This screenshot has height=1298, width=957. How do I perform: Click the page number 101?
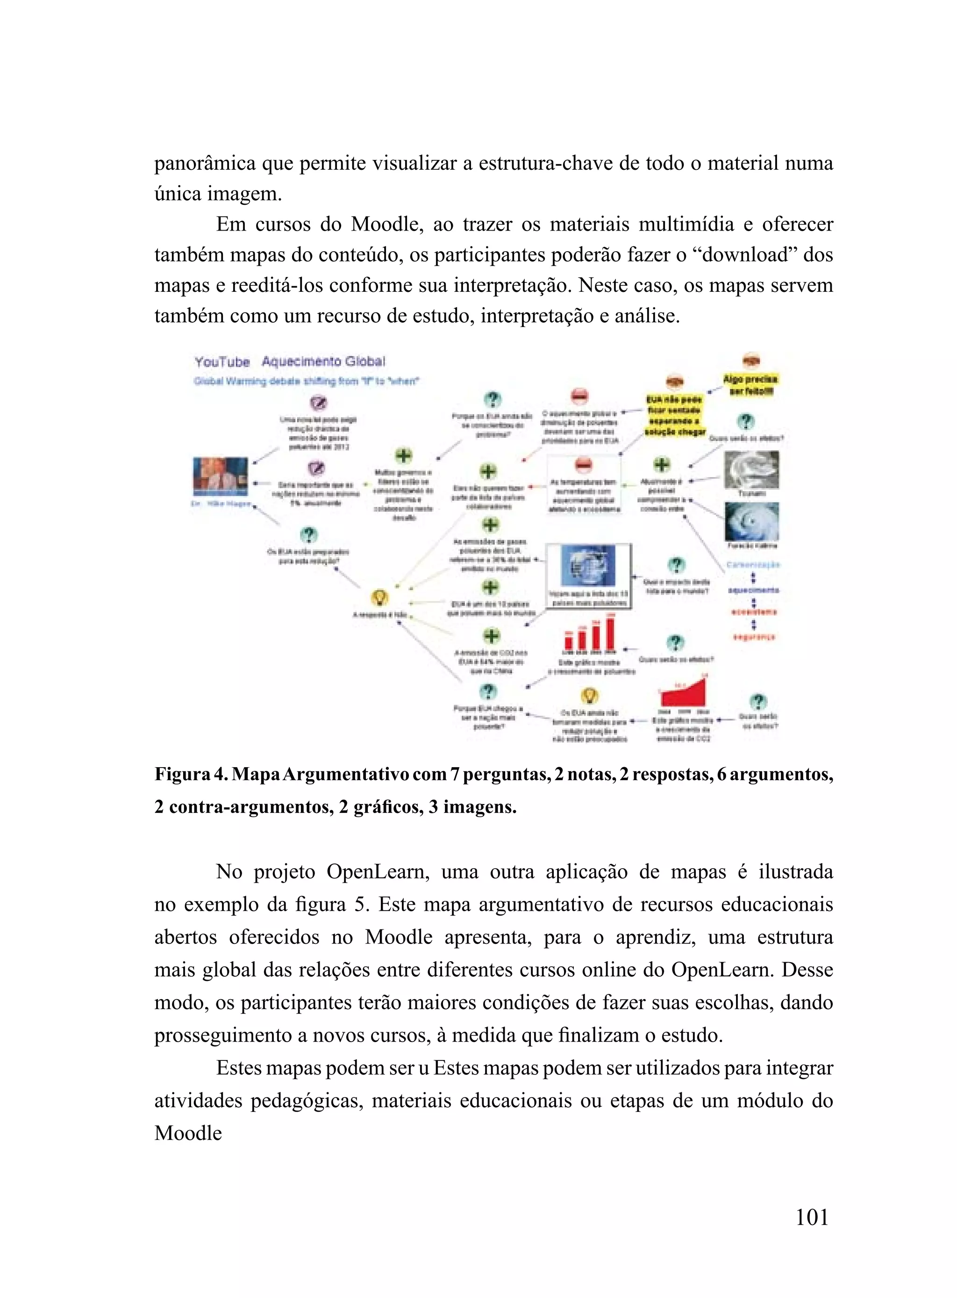click(x=812, y=1218)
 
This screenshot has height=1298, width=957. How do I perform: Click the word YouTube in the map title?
click(x=222, y=363)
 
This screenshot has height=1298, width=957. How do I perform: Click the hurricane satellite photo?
click(x=751, y=521)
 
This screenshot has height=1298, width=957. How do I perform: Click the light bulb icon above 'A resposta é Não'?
click(x=379, y=597)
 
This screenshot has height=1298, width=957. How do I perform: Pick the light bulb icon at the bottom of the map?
click(x=589, y=696)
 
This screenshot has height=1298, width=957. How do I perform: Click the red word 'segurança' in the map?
click(x=754, y=637)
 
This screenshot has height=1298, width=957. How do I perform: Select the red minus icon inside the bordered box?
click(x=583, y=465)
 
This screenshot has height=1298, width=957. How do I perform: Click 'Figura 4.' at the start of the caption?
click(x=191, y=775)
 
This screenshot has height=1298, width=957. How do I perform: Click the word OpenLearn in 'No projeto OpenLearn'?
click(x=378, y=872)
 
